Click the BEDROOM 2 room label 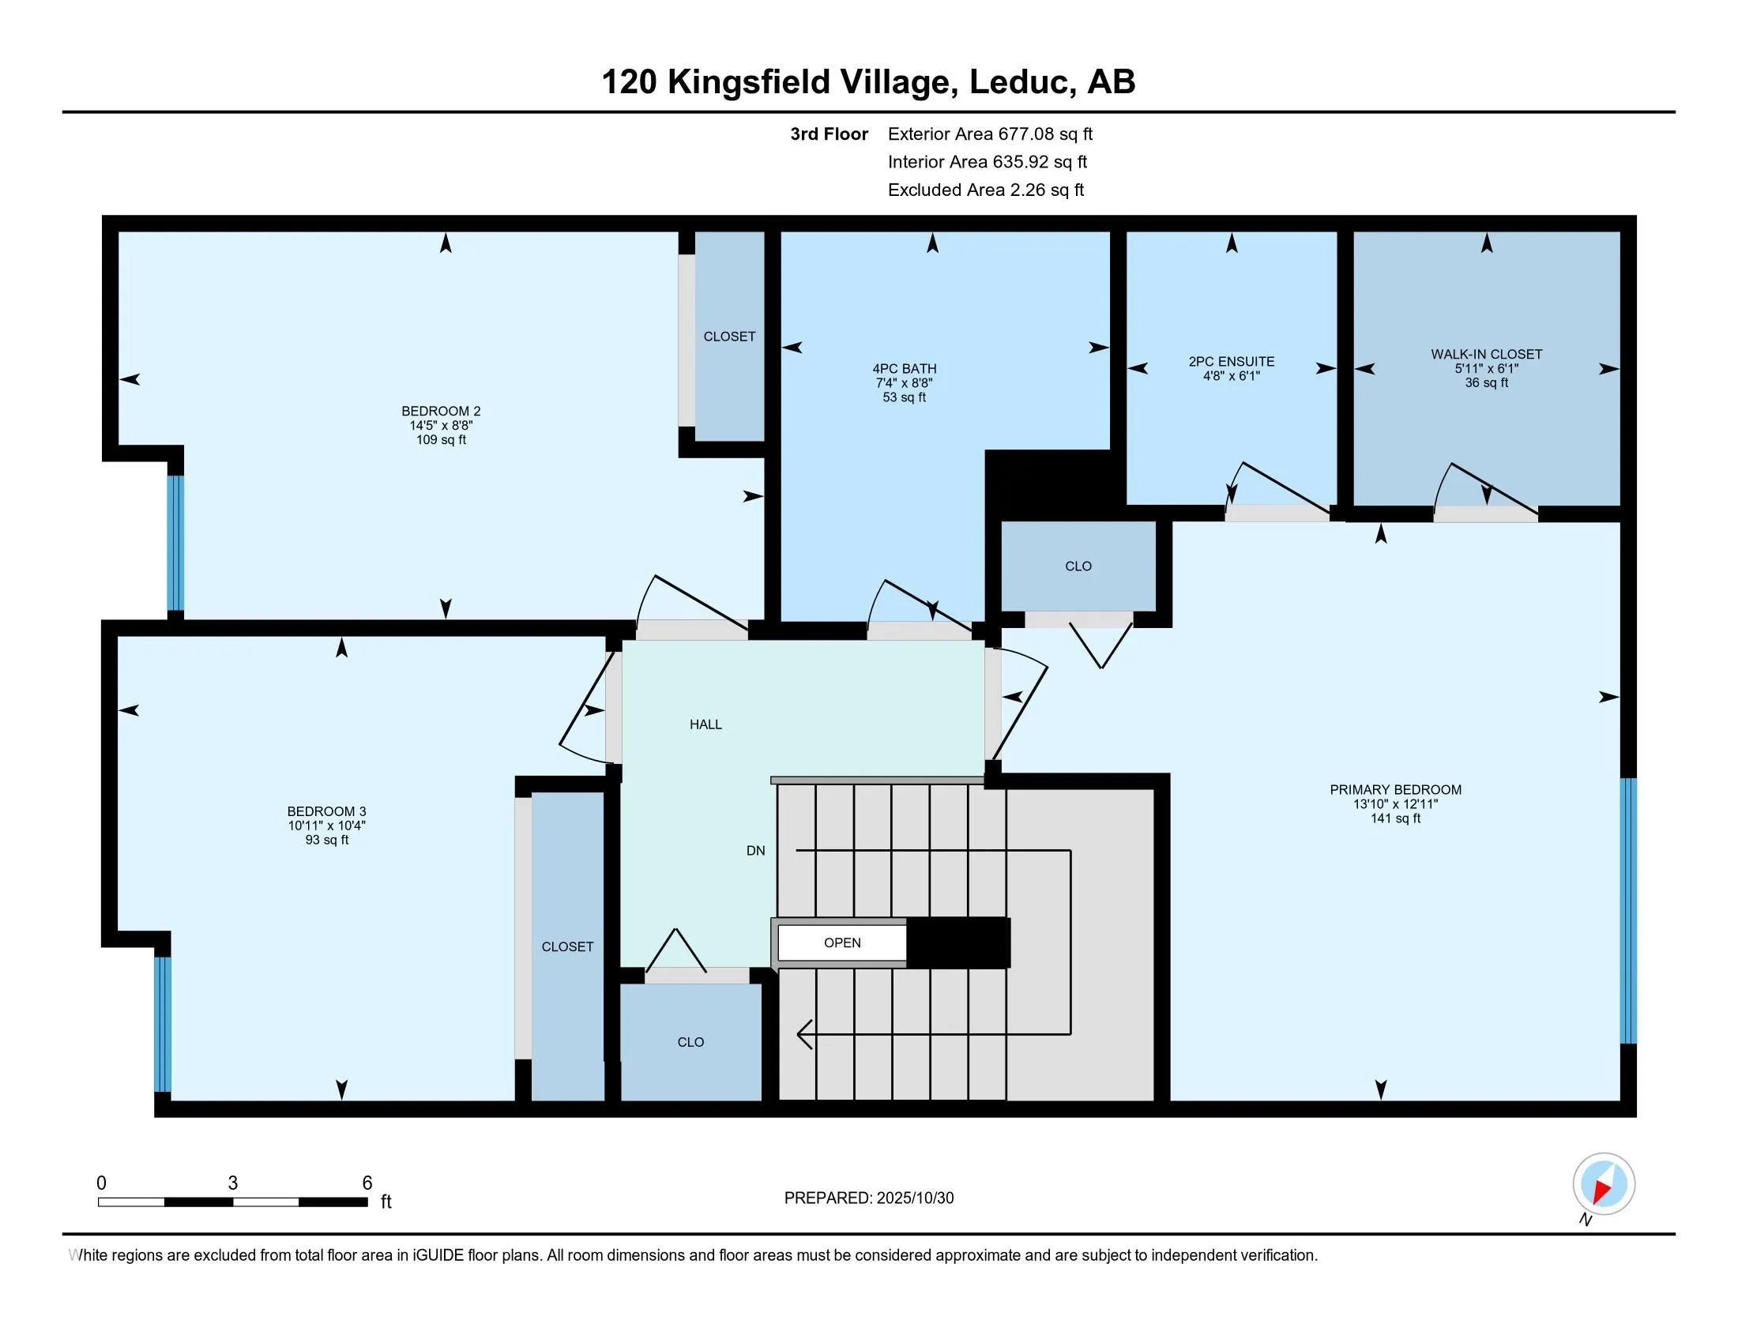coord(441,412)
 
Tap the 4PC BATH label coord(904,368)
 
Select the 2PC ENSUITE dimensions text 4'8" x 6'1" coord(1231,375)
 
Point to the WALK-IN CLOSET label coord(1486,354)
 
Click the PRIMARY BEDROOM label coord(1395,789)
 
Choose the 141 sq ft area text coord(1395,818)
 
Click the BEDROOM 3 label coord(326,811)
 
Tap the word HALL coord(705,724)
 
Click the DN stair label coord(755,851)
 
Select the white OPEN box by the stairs coord(842,942)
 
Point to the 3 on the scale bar coord(232,1183)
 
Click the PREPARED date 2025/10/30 coord(914,1198)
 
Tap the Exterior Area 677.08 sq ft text coord(990,134)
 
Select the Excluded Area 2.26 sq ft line coord(985,190)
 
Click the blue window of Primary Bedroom coord(1628,911)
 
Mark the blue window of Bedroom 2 coord(175,543)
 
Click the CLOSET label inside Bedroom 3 coord(567,946)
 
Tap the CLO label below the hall coord(690,1042)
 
